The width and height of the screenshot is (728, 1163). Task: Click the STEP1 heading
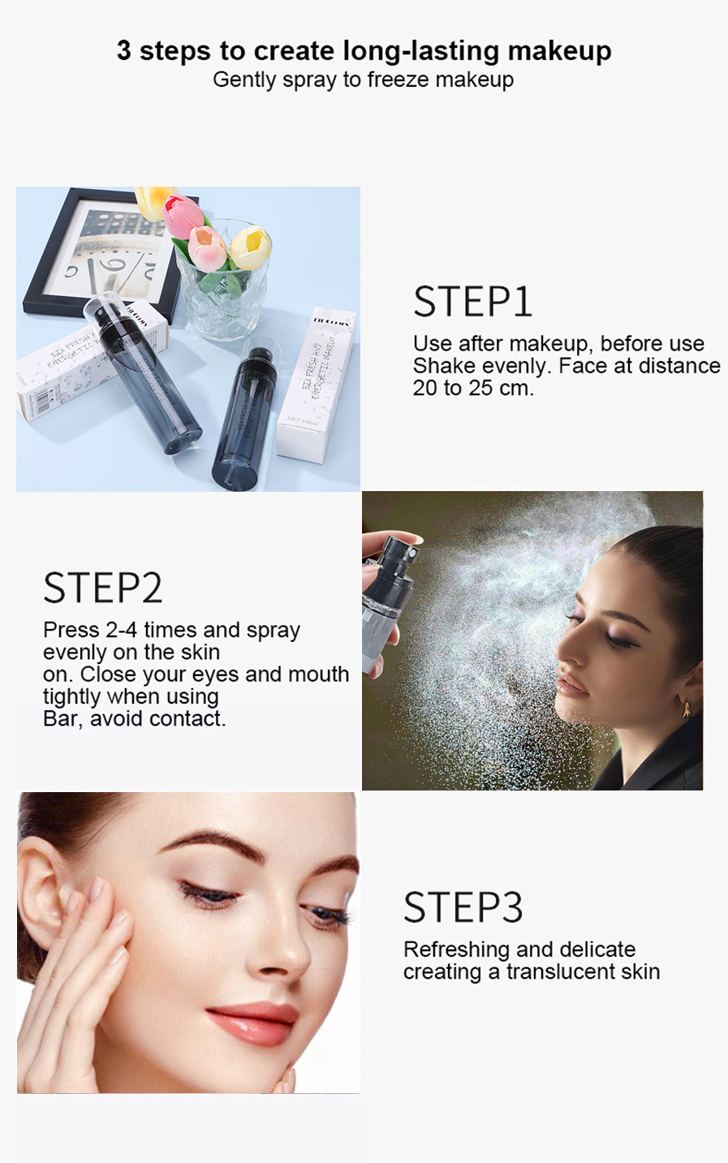[x=472, y=302]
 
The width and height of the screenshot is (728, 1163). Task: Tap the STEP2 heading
[x=102, y=588]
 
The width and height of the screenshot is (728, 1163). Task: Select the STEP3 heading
[x=463, y=907]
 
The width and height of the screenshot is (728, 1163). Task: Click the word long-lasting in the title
[x=421, y=50]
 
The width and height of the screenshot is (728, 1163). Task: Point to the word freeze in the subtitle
[x=398, y=80]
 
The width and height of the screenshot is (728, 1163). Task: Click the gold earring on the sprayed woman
[x=687, y=709]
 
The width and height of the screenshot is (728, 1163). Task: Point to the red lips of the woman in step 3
[x=253, y=1022]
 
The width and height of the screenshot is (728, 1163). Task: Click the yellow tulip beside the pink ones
[x=250, y=248]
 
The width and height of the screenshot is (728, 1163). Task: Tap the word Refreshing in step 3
[x=456, y=950]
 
